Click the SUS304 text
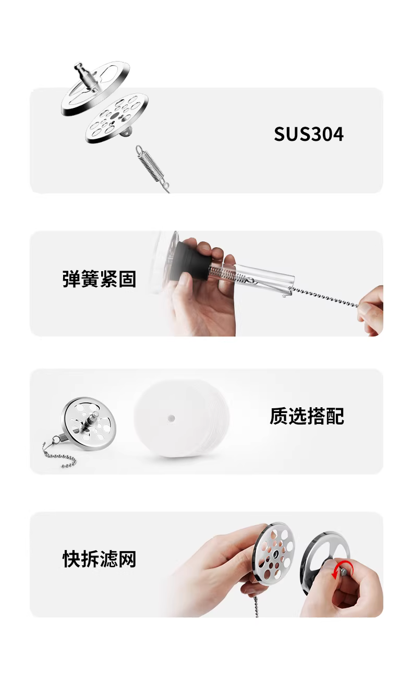coord(308,134)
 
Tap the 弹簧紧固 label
coord(99,278)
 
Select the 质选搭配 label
coord(307,416)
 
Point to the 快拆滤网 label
coord(99,559)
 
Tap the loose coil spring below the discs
coord(152,168)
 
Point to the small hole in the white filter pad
coord(171,418)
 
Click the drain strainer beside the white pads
coord(88,423)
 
